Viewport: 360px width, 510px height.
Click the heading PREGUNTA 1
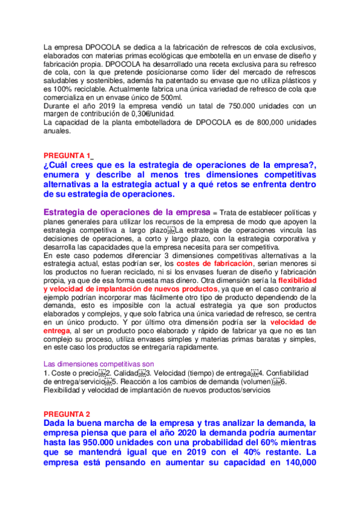(69, 155)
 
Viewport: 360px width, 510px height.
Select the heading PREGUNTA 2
(67, 414)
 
